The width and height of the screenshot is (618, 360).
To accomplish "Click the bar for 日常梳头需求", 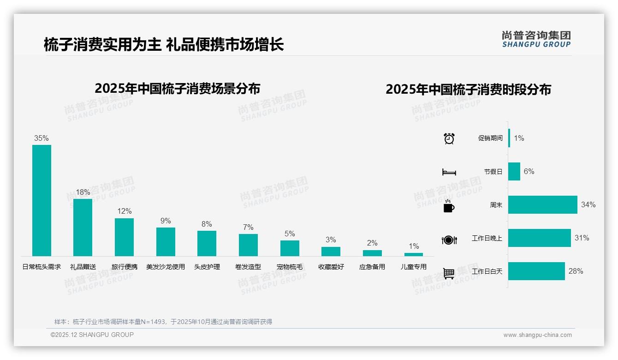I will [x=42, y=200].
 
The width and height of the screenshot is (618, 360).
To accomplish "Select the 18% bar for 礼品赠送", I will [x=83, y=227].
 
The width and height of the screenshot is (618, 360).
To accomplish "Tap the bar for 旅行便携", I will [x=124, y=237].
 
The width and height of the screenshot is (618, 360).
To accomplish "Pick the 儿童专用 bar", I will [x=414, y=254].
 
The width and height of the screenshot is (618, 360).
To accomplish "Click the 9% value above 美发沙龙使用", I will [x=166, y=221].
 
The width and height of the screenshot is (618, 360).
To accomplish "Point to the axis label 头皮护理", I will [x=207, y=267].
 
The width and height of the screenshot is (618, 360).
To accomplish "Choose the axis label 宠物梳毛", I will [x=290, y=267].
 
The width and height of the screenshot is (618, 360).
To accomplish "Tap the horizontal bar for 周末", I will [x=542, y=204].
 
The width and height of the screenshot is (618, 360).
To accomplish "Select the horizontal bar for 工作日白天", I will [x=536, y=271].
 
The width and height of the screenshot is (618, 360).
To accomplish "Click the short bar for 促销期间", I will [x=509, y=138].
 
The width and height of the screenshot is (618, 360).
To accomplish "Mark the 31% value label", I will [x=582, y=238].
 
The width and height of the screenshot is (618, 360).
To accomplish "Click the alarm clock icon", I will [x=449, y=138].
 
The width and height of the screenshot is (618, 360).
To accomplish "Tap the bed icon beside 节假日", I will [x=449, y=172].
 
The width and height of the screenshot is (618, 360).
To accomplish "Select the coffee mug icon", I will [x=449, y=206].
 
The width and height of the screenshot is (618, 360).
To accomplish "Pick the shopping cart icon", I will [x=449, y=273].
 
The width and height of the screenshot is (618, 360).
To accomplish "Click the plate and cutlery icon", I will [x=449, y=240].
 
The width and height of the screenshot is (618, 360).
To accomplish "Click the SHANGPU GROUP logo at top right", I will [x=536, y=39].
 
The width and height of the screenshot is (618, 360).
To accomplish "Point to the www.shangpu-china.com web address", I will [x=537, y=335].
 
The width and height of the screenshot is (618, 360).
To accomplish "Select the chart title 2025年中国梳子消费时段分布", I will [x=468, y=90].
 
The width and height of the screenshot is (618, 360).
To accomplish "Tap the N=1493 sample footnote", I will [x=163, y=322].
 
